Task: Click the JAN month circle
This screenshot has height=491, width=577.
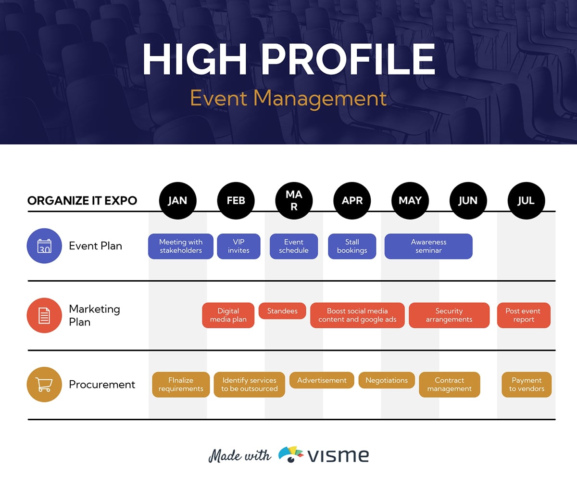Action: click(x=177, y=201)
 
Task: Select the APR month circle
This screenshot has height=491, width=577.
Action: click(x=352, y=201)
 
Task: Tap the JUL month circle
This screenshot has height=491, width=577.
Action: click(x=526, y=201)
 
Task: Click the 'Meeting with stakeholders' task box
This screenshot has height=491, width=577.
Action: click(x=181, y=246)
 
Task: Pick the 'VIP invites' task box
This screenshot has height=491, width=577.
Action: click(x=238, y=246)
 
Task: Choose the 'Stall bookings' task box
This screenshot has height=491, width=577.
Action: click(x=352, y=246)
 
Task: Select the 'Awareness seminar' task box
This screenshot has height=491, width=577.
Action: click(x=428, y=246)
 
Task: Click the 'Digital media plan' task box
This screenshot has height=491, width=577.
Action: click(x=228, y=315)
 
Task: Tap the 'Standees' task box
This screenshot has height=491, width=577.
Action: click(x=282, y=311)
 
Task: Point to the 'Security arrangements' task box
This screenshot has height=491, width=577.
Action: click(x=449, y=315)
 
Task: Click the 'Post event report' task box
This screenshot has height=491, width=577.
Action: click(x=524, y=315)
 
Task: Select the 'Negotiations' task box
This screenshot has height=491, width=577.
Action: click(x=387, y=380)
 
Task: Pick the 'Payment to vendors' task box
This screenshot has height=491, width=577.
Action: click(x=527, y=385)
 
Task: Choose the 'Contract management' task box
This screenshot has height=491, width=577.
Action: click(x=450, y=385)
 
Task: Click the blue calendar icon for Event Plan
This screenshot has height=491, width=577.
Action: click(x=44, y=246)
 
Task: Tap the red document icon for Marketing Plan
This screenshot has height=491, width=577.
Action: click(x=44, y=315)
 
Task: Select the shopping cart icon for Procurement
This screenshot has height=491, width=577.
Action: click(x=44, y=385)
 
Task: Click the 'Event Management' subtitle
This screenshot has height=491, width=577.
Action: click(x=288, y=99)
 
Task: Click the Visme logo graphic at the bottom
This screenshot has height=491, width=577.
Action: click(x=291, y=454)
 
